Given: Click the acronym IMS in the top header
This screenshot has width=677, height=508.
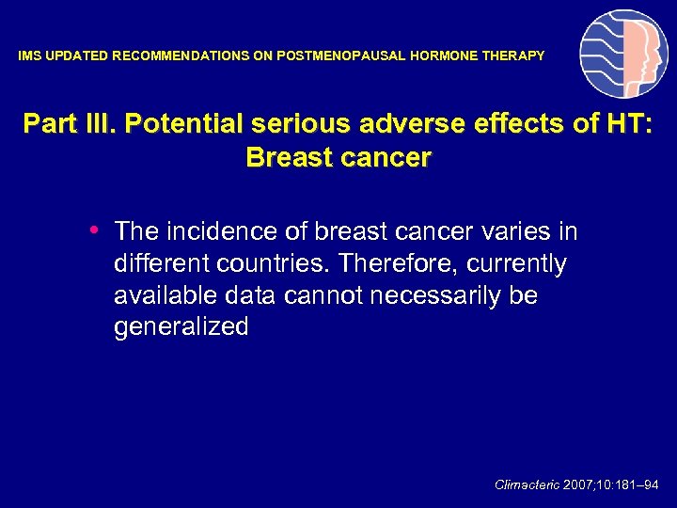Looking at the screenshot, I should pyautogui.click(x=29, y=56).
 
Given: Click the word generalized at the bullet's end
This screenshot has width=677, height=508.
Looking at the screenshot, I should pyautogui.click(x=181, y=328).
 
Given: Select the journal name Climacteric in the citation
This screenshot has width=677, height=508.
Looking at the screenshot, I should pyautogui.click(x=527, y=485).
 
